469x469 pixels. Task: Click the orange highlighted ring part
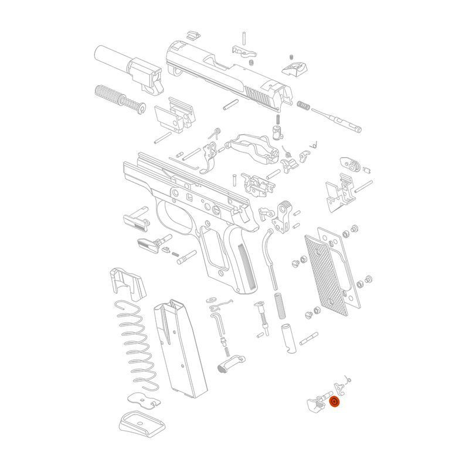[x=335, y=403]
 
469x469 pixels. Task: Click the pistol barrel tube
[x=111, y=57]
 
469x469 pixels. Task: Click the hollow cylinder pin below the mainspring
[x=288, y=338]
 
